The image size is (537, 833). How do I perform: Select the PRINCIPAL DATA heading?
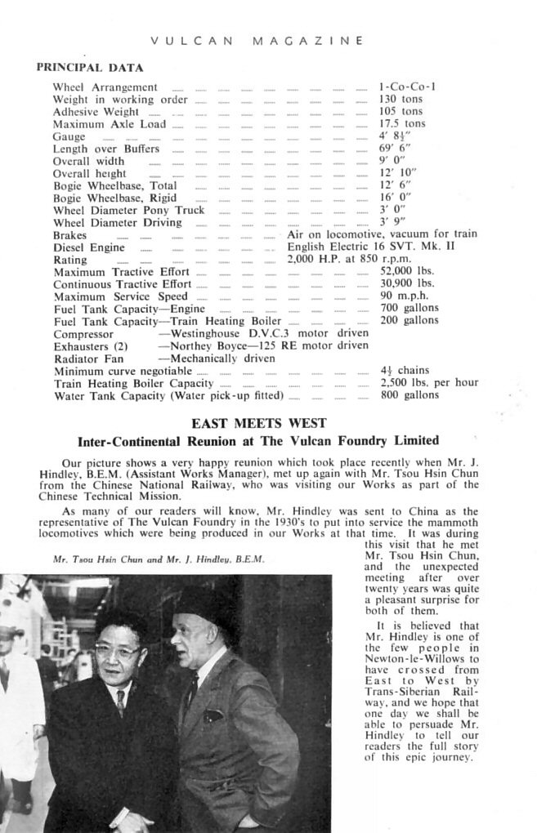pos(90,68)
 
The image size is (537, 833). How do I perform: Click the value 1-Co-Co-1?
pos(407,87)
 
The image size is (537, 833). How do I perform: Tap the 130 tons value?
pos(401,99)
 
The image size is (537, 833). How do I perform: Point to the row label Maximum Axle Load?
pos(109,124)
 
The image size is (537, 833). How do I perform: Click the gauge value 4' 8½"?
pos(395,136)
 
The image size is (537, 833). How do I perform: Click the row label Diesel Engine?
pos(89,247)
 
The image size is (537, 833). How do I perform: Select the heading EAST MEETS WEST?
pos(258,423)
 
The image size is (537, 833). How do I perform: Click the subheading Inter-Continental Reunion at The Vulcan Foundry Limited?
pos(257,441)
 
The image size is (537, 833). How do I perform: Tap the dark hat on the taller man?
pos(199,603)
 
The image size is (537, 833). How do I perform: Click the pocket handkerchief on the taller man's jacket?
pos(213,715)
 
